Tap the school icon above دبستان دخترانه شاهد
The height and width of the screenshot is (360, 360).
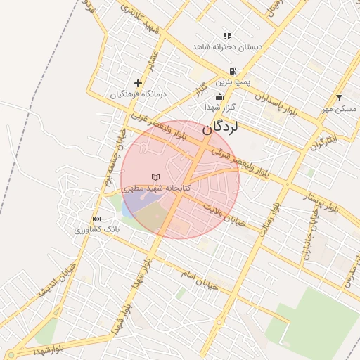pyautogui.click(x=227, y=36)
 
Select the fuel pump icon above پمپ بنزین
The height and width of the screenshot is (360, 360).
pyautogui.click(x=232, y=72)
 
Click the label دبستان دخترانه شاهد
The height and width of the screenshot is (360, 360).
pyautogui.click(x=227, y=47)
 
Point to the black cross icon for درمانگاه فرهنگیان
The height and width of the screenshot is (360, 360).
pyautogui.click(x=138, y=83)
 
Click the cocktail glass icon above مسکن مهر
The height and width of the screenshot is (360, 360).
pyautogui.click(x=340, y=98)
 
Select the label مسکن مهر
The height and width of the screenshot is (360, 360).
pyautogui.click(x=340, y=109)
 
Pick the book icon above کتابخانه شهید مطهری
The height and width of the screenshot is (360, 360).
pyautogui.click(x=155, y=177)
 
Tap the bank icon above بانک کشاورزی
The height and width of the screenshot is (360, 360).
pyautogui.click(x=96, y=219)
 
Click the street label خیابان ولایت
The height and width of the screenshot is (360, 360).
pyautogui.click(x=224, y=214)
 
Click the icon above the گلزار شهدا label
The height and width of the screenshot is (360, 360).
pyautogui.click(x=219, y=97)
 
